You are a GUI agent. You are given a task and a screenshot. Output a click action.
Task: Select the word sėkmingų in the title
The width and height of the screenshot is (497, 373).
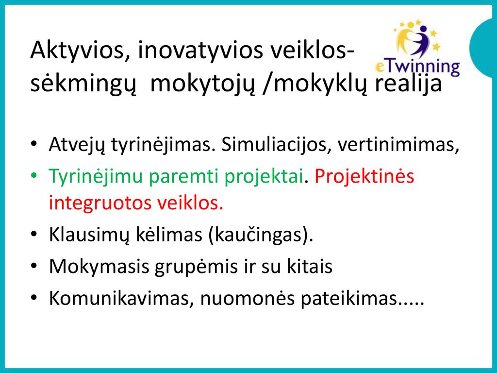pyautogui.click(x=83, y=85)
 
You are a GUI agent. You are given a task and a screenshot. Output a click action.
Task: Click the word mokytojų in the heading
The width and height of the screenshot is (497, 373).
pyautogui.click(x=202, y=85)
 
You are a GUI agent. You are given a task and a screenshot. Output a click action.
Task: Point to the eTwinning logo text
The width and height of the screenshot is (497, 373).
pyautogui.click(x=417, y=67)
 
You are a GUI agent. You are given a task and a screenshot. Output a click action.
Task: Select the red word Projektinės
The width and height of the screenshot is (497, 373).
pyautogui.click(x=364, y=176)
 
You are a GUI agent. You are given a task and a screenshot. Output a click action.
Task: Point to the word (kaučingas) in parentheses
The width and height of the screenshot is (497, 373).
pyautogui.click(x=261, y=235)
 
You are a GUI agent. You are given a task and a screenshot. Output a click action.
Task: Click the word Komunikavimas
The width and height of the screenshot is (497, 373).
pyautogui.click(x=122, y=298)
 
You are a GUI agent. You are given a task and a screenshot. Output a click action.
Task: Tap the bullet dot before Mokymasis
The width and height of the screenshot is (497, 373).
pyautogui.click(x=34, y=266)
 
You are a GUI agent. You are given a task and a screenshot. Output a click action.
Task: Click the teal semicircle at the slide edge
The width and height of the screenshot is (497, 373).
pyautogui.click(x=485, y=48)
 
